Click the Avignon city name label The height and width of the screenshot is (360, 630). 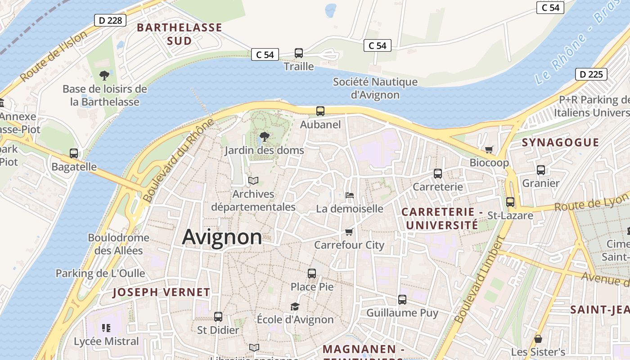(222, 237)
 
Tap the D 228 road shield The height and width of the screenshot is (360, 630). (110, 20)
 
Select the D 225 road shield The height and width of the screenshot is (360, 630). (591, 74)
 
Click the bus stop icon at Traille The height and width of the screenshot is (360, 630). (299, 53)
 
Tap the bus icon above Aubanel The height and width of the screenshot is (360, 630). (320, 111)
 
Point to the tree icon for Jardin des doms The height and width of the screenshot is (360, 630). (265, 136)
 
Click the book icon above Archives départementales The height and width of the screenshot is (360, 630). (253, 181)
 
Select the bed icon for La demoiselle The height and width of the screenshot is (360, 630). (350, 195)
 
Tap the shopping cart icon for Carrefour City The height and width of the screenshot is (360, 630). (349, 232)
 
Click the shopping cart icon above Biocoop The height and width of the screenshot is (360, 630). (489, 149)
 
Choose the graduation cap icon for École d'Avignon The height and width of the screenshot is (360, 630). (295, 306)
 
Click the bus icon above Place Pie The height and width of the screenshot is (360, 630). (312, 273)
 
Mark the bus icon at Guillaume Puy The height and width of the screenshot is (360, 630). (402, 299)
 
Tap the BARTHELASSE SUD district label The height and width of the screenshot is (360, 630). (180, 34)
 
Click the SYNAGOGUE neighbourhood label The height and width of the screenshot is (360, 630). (560, 143)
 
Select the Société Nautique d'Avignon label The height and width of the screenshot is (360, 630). (375, 88)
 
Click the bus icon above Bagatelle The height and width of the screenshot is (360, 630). (74, 153)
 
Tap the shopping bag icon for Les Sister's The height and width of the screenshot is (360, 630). (538, 339)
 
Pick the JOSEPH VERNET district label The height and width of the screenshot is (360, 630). (161, 292)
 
